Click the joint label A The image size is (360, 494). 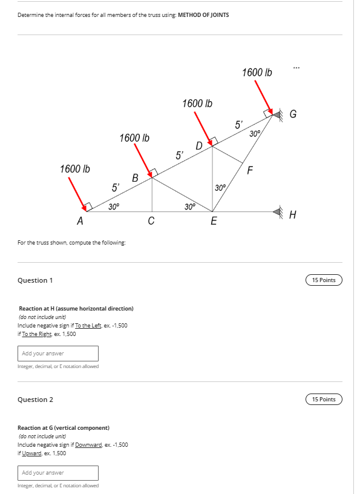(x=79, y=222)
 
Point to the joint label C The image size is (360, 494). (x=151, y=221)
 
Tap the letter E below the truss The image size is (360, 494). (x=213, y=222)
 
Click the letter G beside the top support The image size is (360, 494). (x=293, y=114)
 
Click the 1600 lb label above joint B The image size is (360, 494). (x=134, y=138)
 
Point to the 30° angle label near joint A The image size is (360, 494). (x=114, y=206)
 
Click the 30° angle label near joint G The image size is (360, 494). (x=255, y=133)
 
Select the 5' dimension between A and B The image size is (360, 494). (x=115, y=187)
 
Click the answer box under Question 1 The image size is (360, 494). (x=59, y=353)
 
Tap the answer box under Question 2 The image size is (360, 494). (x=59, y=472)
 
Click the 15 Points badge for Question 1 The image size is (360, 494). (x=324, y=280)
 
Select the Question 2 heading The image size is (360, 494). (x=35, y=400)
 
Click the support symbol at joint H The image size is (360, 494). (x=278, y=212)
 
